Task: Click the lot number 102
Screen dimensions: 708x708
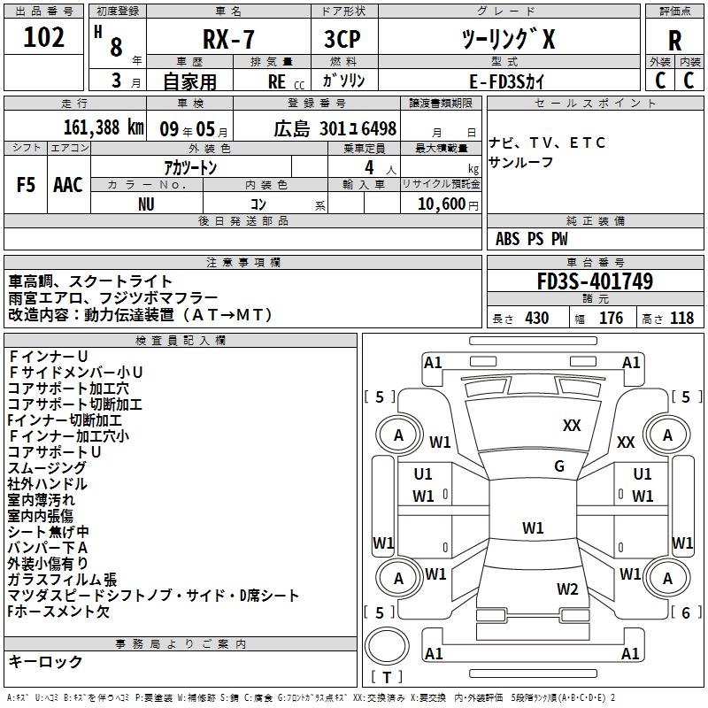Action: pos(43,37)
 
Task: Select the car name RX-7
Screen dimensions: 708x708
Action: pos(228,39)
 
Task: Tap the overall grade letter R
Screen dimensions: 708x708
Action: pos(674,41)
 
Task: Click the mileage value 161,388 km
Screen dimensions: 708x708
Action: pos(104,127)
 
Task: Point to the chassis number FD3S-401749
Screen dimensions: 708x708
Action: pos(595,281)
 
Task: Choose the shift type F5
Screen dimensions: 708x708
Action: pos(26,185)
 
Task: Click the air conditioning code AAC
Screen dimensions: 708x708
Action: pos(68,185)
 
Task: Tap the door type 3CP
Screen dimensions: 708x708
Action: pos(342,39)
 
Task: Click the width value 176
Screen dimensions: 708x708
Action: pos(611,318)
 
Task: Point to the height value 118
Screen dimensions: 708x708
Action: pos(681,318)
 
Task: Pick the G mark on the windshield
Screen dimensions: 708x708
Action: pos(559,466)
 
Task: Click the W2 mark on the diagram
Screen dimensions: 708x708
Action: pos(567,589)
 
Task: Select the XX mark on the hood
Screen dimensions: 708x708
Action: pos(572,426)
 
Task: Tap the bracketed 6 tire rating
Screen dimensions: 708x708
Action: pos(686,612)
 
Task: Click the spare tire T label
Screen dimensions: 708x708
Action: pos(387,677)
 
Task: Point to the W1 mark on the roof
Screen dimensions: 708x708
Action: pos(533,527)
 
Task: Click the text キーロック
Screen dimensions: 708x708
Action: pos(45,661)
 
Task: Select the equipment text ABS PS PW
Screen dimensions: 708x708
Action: pos(532,239)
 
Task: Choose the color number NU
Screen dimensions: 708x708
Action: pos(146,204)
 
